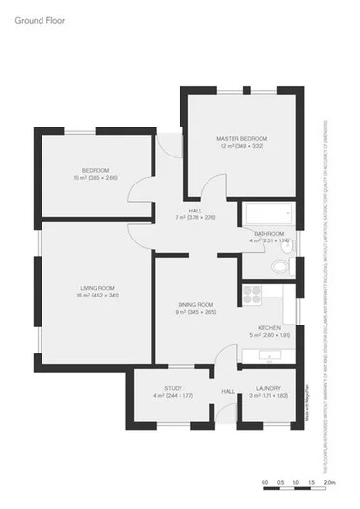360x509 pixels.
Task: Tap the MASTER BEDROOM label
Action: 240,139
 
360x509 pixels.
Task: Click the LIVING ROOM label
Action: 97,288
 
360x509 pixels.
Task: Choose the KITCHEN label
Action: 268,328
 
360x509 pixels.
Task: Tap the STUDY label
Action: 173,389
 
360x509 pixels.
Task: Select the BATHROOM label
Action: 268,234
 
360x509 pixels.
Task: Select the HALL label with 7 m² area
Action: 195,211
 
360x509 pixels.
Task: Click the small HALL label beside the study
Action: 229,391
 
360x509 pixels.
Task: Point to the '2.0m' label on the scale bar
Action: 328,481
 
